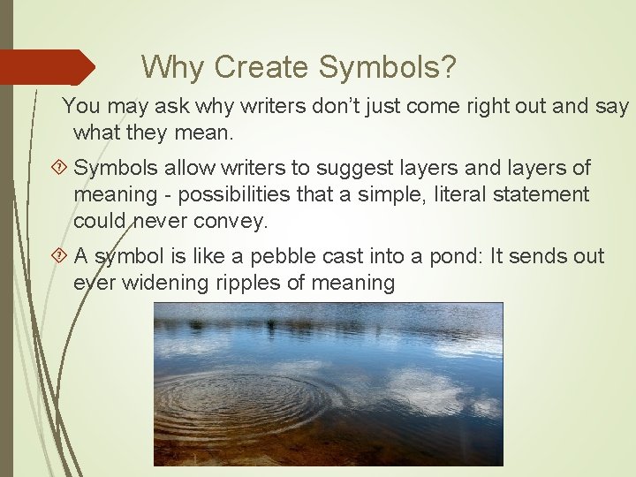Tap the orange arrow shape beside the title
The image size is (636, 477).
48,67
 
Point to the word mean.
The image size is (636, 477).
202,133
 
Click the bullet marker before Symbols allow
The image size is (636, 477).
61,168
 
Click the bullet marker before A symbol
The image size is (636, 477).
61,257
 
